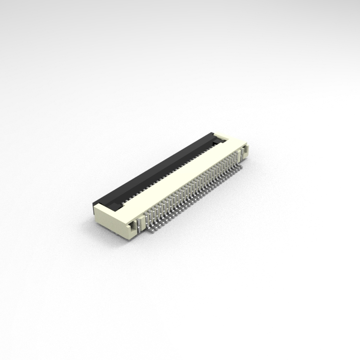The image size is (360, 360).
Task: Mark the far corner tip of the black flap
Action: coord(211,133)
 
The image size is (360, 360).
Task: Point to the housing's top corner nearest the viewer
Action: coord(95,205)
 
